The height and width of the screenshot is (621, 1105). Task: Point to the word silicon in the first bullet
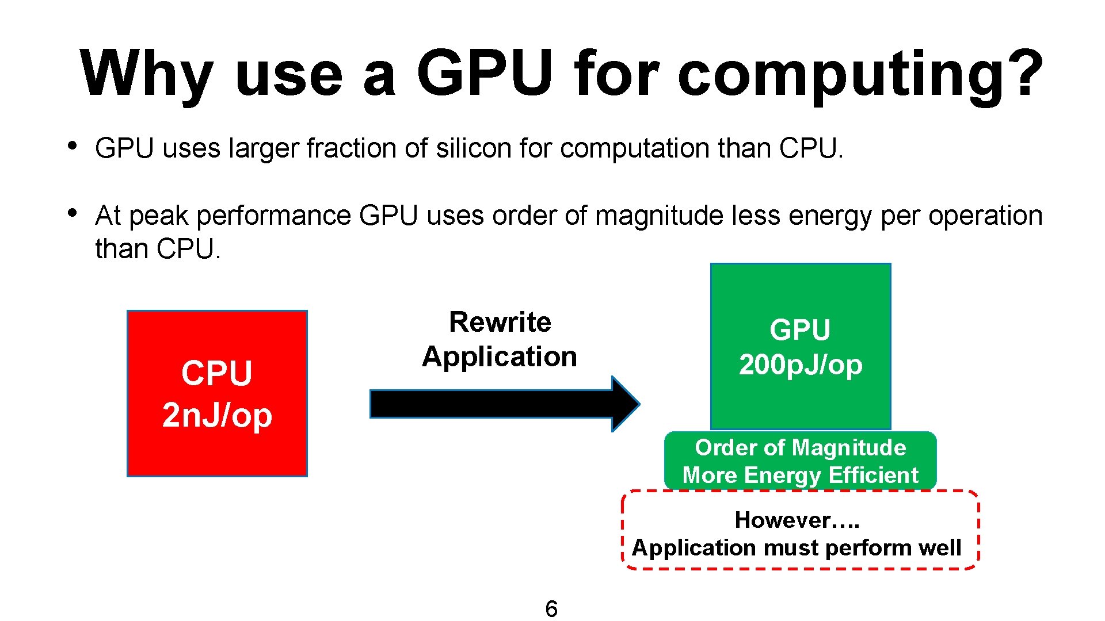pyautogui.click(x=474, y=148)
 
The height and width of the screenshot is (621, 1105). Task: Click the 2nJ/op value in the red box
pyautogui.click(x=217, y=415)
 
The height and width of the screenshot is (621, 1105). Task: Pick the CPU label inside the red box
pyautogui.click(x=217, y=373)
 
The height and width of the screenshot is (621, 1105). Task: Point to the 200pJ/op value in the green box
pyautogui.click(x=801, y=365)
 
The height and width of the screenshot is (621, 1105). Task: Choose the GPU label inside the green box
pyautogui.click(x=800, y=330)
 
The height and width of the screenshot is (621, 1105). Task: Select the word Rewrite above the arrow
pyautogui.click(x=500, y=322)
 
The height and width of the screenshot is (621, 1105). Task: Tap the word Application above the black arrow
pyautogui.click(x=500, y=356)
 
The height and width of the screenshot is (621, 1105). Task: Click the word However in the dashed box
pyautogui.click(x=783, y=520)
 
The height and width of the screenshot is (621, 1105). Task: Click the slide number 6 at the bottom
pyautogui.click(x=551, y=608)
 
